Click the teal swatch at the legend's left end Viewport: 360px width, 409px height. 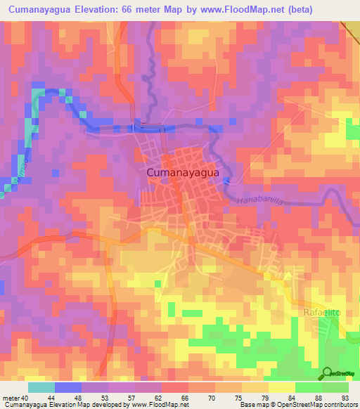pos(41,387)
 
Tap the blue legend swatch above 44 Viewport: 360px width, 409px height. pos(68,387)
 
